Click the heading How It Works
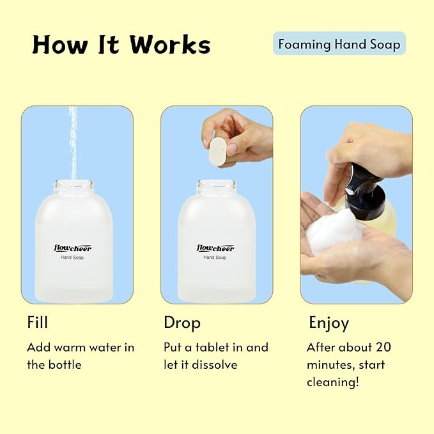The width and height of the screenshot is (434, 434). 121,45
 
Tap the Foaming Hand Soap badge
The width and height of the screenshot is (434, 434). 339,44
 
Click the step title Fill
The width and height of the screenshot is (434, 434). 37,322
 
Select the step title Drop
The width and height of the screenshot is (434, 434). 182,323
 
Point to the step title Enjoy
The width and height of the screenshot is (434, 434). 329,323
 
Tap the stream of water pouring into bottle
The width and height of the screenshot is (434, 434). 73,141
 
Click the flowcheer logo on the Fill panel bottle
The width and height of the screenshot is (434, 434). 72,247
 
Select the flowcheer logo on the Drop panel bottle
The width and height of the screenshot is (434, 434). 215,247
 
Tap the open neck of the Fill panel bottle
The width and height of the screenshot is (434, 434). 74,187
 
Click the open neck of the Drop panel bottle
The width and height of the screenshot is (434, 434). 216,187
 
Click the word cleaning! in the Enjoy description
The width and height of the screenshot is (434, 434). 332,382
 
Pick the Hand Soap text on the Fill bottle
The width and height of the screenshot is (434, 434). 72,258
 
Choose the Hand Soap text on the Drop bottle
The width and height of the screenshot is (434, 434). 215,258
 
